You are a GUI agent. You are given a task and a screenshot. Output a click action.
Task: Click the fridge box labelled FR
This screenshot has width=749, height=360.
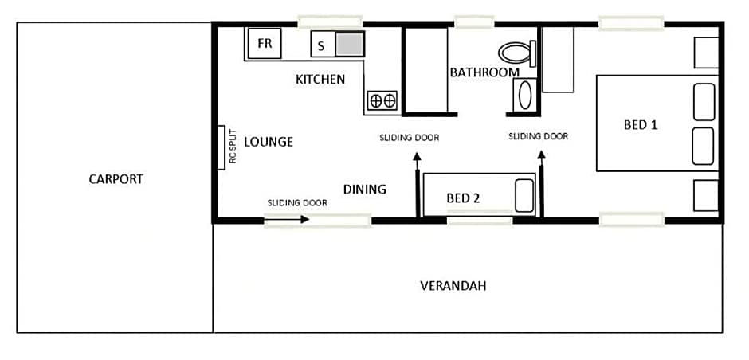(x=265, y=44)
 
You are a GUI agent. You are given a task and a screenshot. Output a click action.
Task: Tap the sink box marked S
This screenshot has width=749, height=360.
(x=323, y=45)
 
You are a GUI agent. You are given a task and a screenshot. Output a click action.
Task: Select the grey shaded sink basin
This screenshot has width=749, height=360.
(x=350, y=45)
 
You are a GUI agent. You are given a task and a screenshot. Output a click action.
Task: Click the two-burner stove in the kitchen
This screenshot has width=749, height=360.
(x=382, y=100)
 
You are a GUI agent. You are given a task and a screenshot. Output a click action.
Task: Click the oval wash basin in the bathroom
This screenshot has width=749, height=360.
(x=524, y=95)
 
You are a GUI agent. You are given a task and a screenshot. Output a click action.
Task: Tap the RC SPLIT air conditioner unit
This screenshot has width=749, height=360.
(x=222, y=147)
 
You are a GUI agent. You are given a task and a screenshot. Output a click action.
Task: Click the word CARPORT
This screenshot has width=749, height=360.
(x=116, y=179)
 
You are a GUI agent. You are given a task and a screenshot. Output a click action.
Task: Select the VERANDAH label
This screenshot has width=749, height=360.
(x=453, y=286)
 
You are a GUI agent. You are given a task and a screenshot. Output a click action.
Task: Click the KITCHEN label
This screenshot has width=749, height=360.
(x=320, y=80)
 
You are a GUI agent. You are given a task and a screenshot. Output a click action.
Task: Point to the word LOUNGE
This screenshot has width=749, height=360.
(x=269, y=142)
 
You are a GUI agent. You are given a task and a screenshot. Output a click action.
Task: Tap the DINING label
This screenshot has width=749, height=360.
(x=365, y=190)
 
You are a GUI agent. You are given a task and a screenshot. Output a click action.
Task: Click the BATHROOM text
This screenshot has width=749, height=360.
(x=484, y=72)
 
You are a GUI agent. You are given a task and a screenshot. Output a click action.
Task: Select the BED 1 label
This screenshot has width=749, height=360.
(x=641, y=125)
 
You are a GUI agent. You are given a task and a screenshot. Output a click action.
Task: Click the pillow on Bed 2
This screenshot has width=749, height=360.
(x=524, y=195)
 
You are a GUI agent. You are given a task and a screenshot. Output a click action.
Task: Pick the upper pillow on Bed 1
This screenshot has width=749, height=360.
(x=704, y=102)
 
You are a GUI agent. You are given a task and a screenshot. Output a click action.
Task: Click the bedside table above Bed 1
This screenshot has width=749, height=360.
(x=706, y=53)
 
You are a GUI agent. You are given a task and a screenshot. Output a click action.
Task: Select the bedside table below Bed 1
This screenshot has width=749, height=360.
(x=706, y=195)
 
